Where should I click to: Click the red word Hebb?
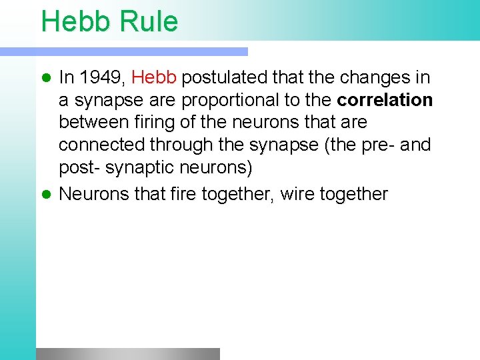154,78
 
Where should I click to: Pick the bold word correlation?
385,101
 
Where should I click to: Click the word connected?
102,145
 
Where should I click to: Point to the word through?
181,145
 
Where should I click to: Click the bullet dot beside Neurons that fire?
47,195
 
